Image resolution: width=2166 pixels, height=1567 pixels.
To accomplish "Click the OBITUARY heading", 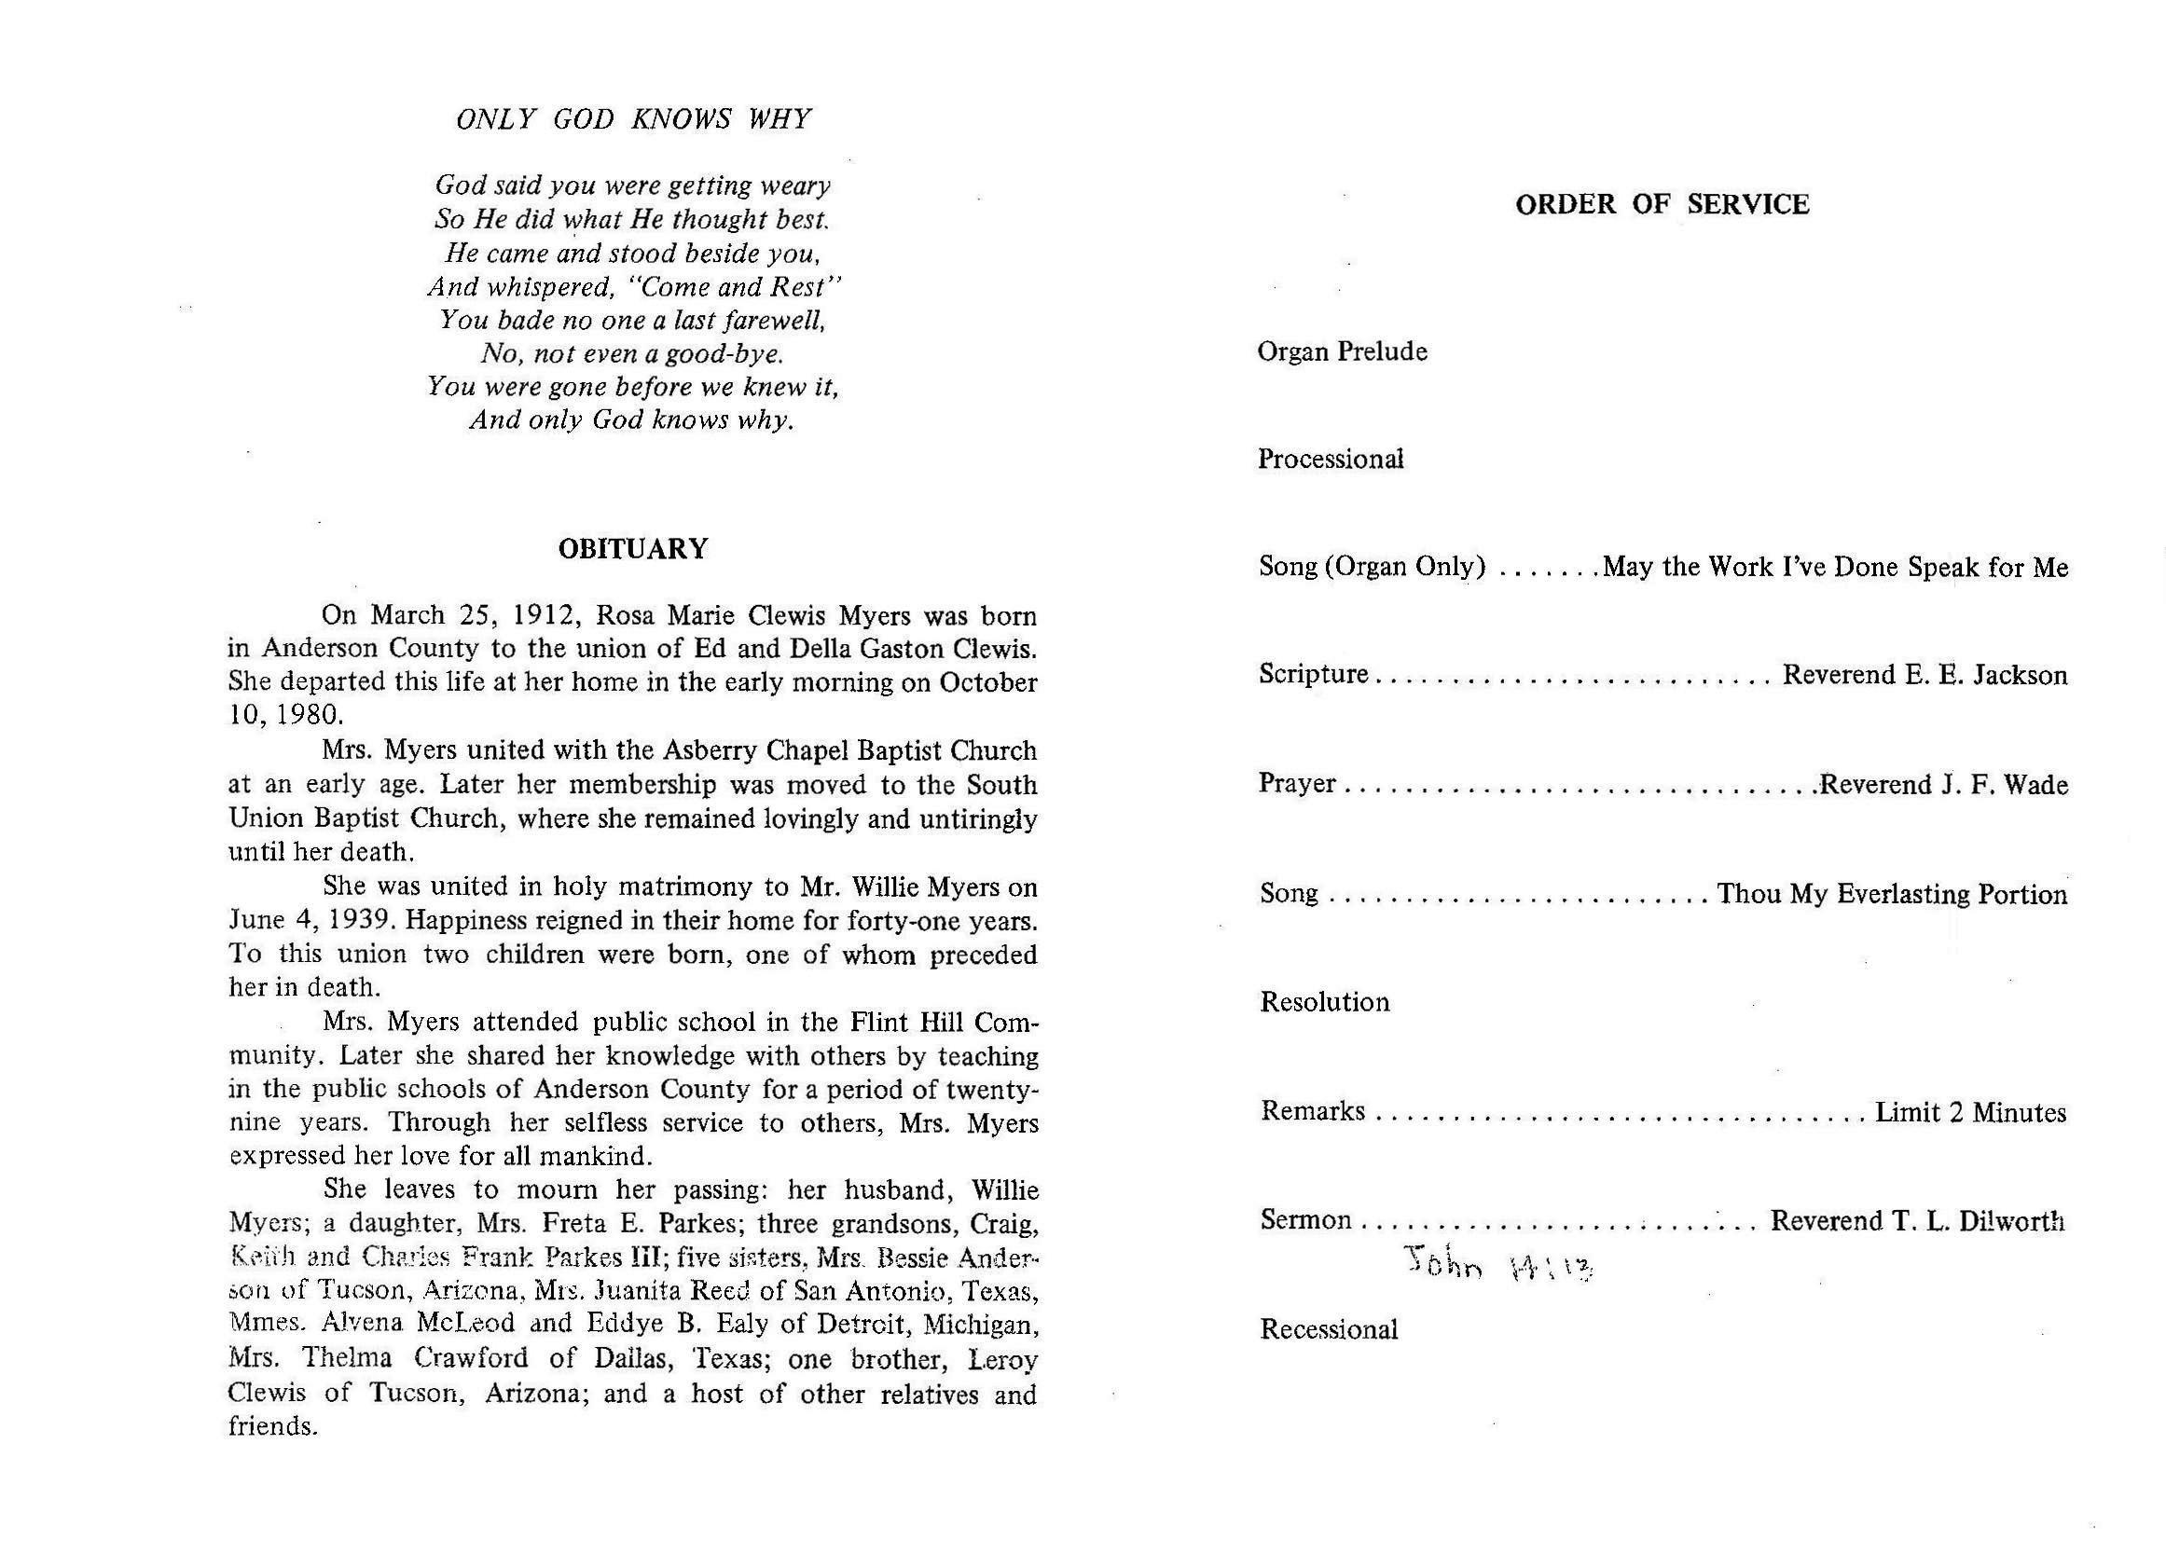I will coord(632,549).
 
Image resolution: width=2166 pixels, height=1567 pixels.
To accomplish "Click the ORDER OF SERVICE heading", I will coord(1662,204).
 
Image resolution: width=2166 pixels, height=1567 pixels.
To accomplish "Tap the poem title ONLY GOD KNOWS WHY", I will coord(633,119).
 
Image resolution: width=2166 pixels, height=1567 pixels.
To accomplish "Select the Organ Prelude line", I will coord(1342,351).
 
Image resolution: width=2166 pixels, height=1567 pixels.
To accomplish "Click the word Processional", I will coord(1331,460).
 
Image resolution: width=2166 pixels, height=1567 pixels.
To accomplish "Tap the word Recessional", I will coord(1329,1329).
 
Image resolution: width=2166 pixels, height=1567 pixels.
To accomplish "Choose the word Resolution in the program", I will coord(1325,1002).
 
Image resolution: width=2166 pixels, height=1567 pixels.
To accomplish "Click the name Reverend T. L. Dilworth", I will coord(1917,1221).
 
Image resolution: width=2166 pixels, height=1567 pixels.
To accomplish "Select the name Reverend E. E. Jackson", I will coord(1925,675).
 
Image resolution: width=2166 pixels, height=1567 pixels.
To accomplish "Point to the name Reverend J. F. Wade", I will coord(1943,785).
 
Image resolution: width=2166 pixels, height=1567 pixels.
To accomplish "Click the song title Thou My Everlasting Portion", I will coord(1892,894).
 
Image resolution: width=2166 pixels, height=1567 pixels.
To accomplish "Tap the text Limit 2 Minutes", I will coord(1970,1112).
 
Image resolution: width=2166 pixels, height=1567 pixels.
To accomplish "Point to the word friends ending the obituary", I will coord(270,1426).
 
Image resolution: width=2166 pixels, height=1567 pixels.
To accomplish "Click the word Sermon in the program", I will coord(1305,1220).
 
